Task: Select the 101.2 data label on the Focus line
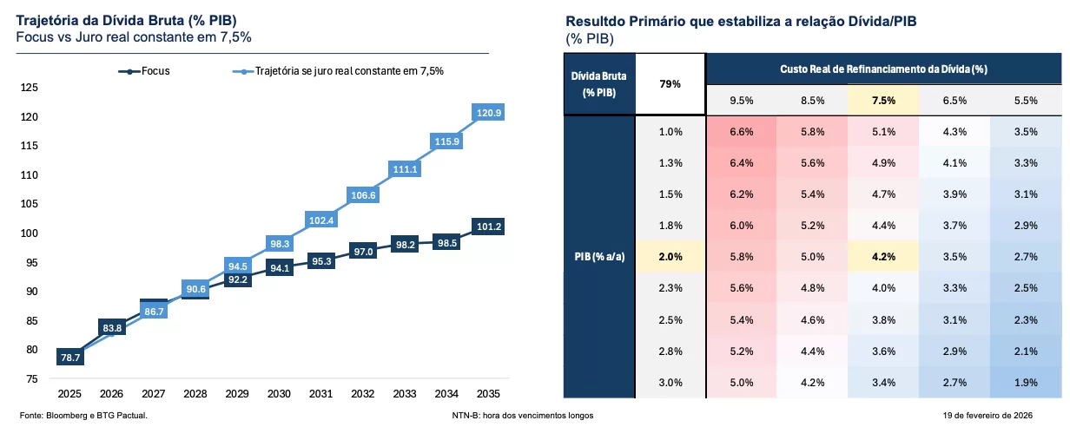(x=490, y=227)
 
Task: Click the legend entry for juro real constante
(x=338, y=71)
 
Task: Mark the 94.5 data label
(x=237, y=266)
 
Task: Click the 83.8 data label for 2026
(x=112, y=327)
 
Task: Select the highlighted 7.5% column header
(x=883, y=100)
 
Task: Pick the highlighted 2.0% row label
(x=670, y=258)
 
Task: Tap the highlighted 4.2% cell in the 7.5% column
(x=883, y=258)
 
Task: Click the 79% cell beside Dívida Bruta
(x=670, y=84)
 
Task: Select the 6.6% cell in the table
(x=741, y=132)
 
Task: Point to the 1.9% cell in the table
(x=1025, y=384)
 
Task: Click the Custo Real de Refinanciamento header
(x=883, y=68)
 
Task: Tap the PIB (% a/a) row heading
(x=599, y=258)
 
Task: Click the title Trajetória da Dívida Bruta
(x=127, y=20)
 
